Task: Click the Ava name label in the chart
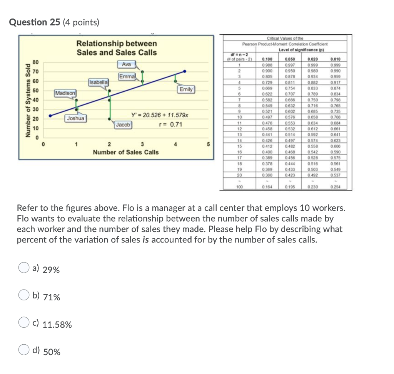(126, 64)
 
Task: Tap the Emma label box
(127, 76)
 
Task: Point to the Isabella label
(99, 82)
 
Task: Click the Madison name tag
(65, 93)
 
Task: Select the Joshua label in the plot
(75, 118)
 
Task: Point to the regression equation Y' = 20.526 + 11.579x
(160, 115)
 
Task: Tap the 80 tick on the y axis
(35, 62)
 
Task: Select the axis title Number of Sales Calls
(125, 152)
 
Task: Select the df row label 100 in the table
(239, 187)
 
